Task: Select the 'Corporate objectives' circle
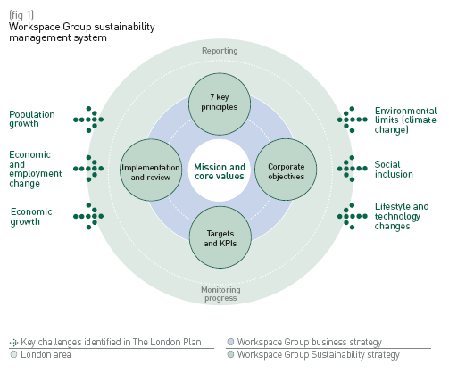pos(287,170)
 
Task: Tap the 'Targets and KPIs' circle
pos(220,237)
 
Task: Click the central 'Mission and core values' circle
pos(220,170)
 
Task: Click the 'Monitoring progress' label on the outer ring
pos(220,293)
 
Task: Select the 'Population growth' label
pos(32,120)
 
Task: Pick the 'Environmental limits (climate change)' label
pos(405,120)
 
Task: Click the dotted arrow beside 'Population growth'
pos(88,119)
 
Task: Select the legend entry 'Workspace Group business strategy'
pos(304,342)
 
